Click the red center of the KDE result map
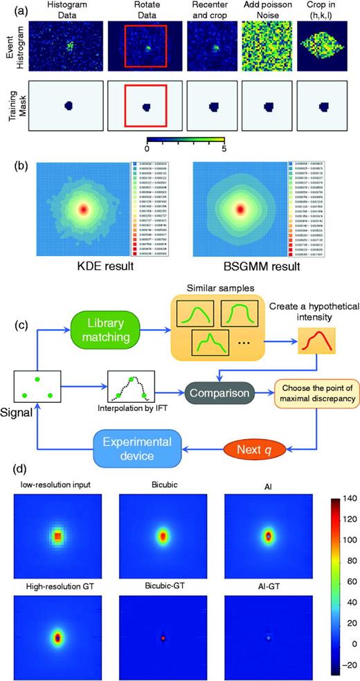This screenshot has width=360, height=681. (x=84, y=208)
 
